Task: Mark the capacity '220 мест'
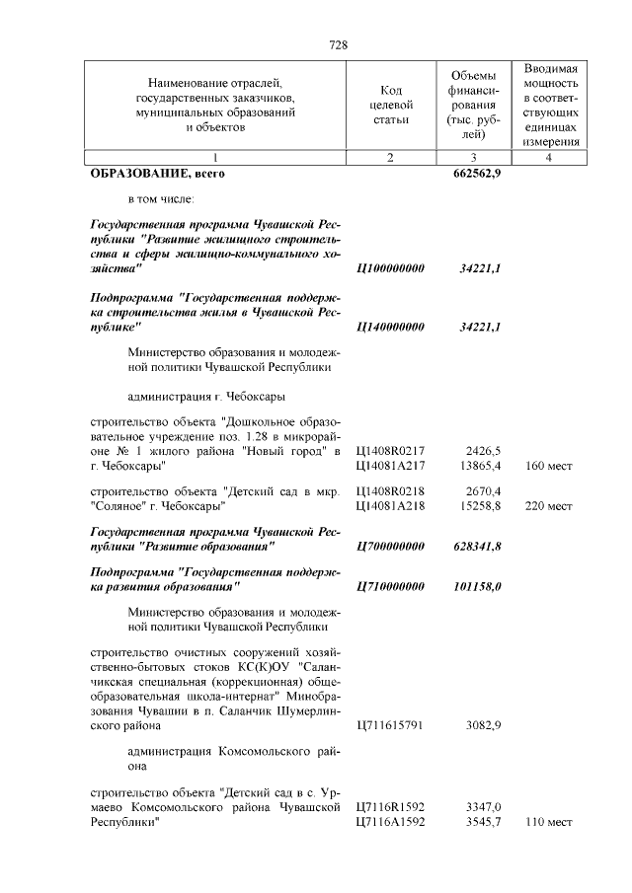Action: point(549,506)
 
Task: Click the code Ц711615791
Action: point(389,726)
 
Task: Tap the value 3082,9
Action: point(483,726)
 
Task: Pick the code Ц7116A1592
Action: point(389,822)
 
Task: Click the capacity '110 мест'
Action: point(549,822)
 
